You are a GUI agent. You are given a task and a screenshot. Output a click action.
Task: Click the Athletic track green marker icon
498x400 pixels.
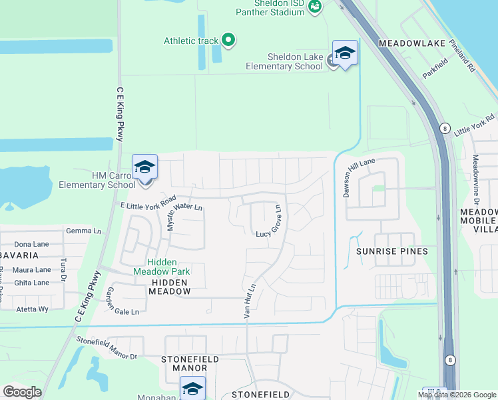[228, 41]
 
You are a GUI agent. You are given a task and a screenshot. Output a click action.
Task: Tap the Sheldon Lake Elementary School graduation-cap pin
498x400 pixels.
[345, 53]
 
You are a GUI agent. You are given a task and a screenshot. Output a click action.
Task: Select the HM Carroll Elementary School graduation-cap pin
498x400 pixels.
[144, 167]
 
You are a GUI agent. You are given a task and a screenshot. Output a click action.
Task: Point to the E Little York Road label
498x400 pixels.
[147, 204]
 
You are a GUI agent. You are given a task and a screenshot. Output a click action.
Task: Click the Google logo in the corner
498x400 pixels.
[22, 391]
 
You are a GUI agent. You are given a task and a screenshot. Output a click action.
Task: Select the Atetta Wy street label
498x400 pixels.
[33, 309]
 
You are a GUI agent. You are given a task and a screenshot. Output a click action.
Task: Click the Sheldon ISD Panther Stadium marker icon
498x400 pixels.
[316, 6]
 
